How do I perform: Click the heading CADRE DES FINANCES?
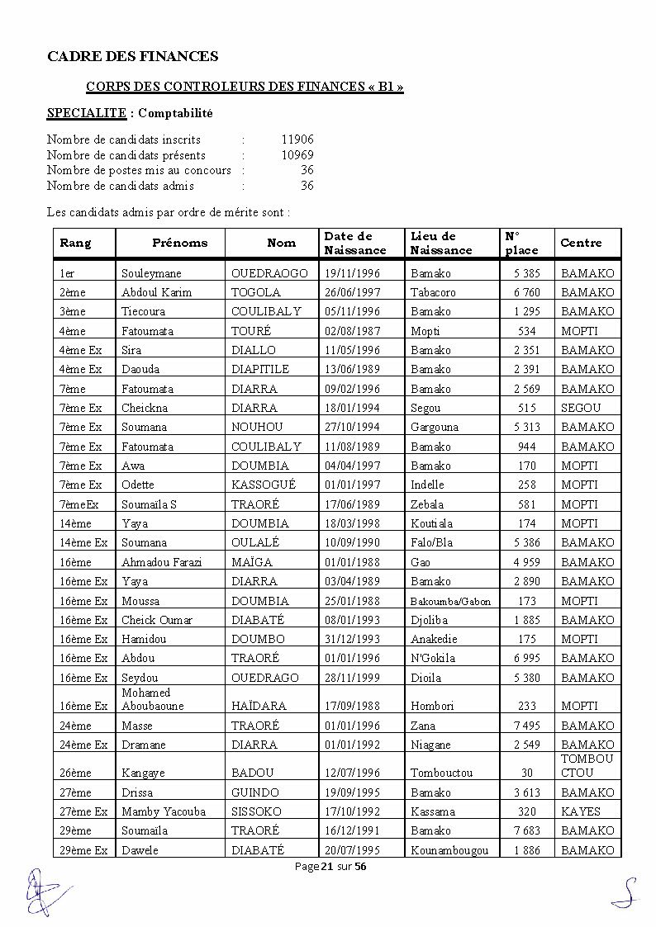132,56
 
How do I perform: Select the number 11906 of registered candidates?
297,140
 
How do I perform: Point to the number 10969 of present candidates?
297,155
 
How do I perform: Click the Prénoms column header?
179,243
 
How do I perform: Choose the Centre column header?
581,243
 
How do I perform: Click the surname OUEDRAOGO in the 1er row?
269,273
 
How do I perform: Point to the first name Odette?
137,485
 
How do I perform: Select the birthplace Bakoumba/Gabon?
450,601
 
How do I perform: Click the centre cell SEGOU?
581,408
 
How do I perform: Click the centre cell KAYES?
581,811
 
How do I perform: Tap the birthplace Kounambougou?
449,850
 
